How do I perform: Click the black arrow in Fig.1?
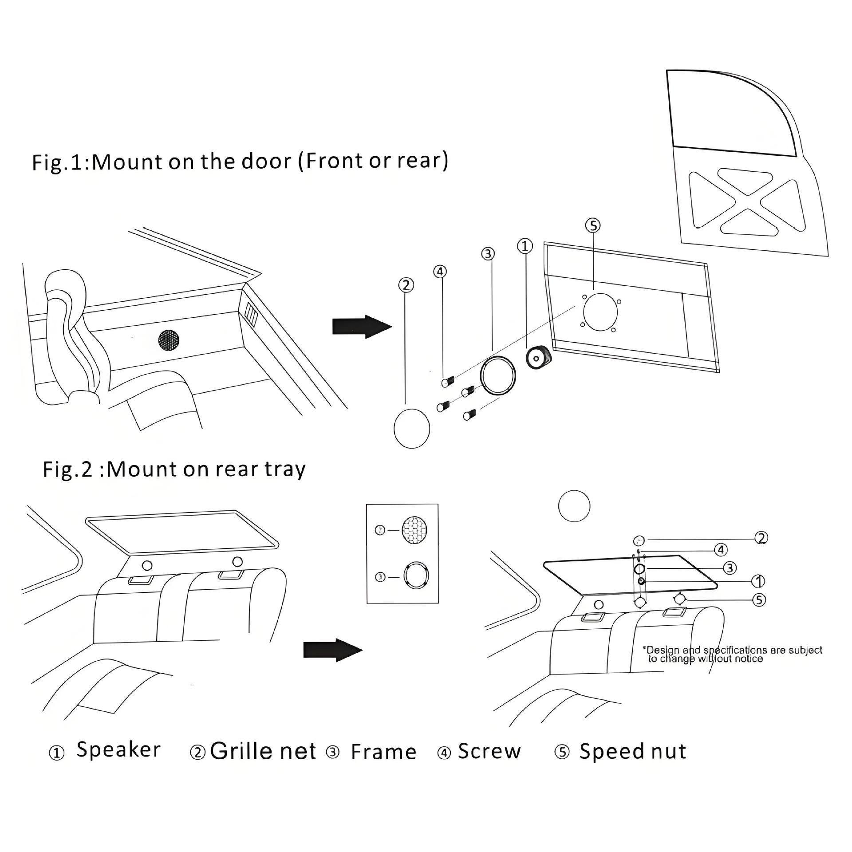362,327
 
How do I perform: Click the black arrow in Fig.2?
333,650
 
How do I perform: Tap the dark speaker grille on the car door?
169,341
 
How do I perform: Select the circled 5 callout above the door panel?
593,225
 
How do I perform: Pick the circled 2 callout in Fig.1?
406,285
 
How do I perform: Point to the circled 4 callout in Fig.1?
439,272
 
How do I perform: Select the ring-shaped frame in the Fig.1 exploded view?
498,375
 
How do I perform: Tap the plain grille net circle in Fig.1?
412,428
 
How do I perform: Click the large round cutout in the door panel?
600,312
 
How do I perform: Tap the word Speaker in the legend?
118,750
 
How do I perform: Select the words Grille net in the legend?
263,751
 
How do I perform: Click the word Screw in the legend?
489,751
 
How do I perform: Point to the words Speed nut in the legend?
633,752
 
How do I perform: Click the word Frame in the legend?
384,752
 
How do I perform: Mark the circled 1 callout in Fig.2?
758,581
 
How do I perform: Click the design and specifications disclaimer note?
732,655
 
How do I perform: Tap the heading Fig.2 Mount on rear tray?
174,469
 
